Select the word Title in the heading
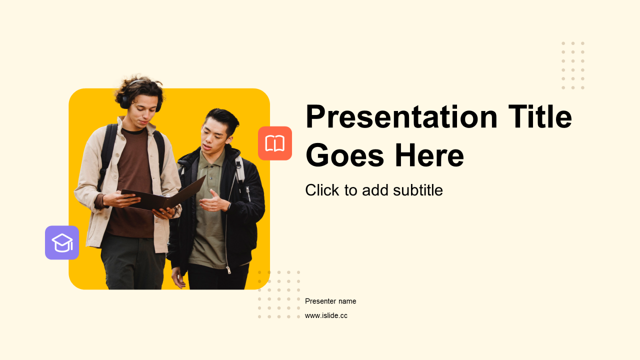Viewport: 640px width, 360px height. [x=540, y=116]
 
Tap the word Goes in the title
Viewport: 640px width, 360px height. [x=345, y=155]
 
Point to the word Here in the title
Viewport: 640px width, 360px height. [x=429, y=155]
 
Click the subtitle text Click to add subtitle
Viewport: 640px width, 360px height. [x=374, y=190]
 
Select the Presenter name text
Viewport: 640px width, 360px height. [x=330, y=301]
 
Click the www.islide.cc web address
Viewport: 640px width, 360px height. [x=326, y=315]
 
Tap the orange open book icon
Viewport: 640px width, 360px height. [x=275, y=143]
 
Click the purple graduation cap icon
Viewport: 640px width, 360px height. [x=62, y=242]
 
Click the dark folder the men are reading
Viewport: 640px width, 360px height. [x=163, y=195]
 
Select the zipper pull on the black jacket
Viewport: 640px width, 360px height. [x=228, y=269]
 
